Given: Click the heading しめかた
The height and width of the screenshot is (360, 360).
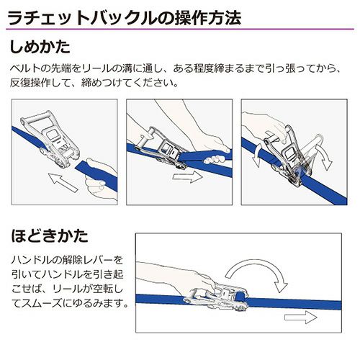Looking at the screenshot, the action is (40, 47).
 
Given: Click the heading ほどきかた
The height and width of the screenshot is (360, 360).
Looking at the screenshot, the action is (50, 236).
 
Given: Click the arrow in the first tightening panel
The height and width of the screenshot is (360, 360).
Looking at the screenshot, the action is (63, 182).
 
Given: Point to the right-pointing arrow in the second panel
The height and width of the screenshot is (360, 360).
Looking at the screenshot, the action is (188, 177).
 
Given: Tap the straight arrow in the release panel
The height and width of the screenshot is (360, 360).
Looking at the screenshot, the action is (301, 318).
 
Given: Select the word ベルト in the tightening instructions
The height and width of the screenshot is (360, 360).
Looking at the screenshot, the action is (24, 69).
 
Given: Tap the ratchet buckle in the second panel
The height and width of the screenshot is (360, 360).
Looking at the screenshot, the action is (163, 149).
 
